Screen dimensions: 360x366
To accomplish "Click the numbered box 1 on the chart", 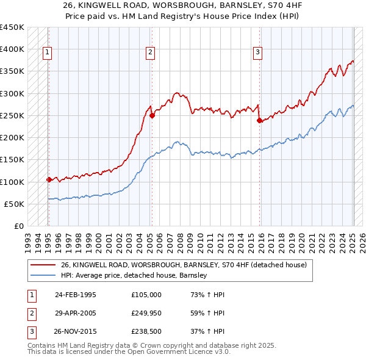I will point(48,53).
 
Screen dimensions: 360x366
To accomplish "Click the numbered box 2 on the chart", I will point(150,53).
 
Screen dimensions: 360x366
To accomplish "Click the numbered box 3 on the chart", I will point(258,53).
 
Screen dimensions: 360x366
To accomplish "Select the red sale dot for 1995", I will point(48,179).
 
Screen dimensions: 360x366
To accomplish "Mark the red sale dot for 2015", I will point(260,121).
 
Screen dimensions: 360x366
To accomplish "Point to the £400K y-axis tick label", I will point(12,49).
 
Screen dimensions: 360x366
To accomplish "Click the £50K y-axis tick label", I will point(15,204).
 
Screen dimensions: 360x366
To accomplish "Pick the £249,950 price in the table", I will point(146,313).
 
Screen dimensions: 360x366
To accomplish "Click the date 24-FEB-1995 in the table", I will point(75,294).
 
